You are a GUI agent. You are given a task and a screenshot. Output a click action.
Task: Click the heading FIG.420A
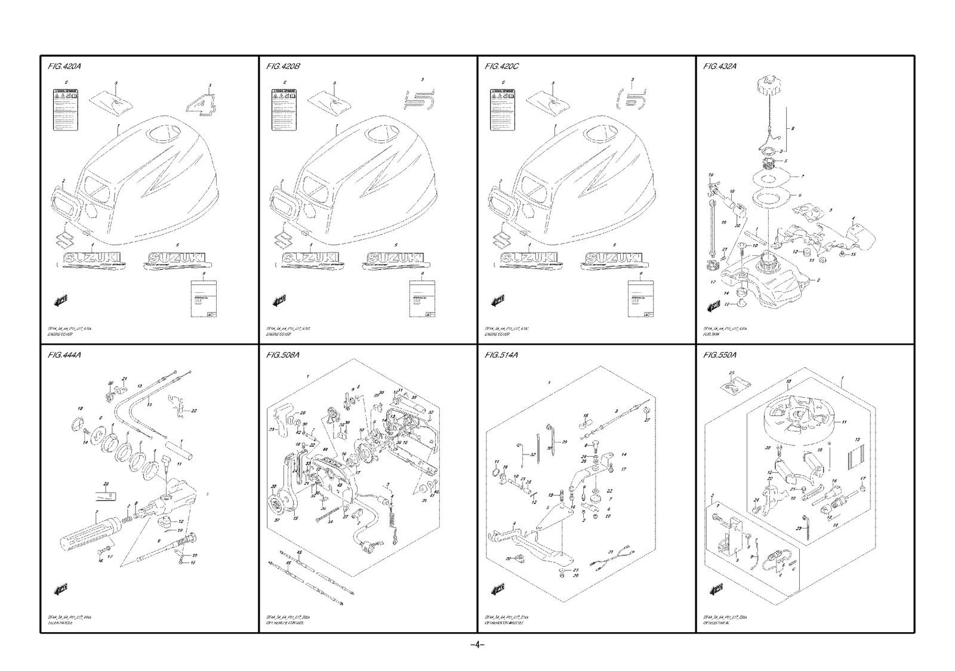click(x=64, y=66)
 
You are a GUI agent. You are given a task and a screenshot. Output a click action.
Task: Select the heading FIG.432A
click(x=720, y=66)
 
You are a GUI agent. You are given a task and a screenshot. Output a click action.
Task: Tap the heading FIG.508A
click(x=283, y=355)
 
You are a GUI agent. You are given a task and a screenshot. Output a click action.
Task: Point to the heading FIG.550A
click(x=720, y=355)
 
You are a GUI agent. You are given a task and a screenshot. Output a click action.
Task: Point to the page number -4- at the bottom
click(x=477, y=645)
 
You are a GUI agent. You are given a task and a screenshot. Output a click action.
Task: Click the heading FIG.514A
click(x=501, y=355)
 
